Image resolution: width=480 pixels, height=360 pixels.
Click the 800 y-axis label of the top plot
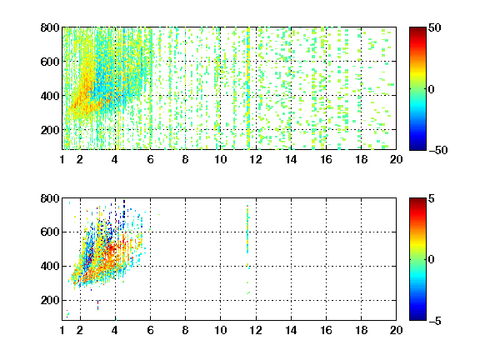50,27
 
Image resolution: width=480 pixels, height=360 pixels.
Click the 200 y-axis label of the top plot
50,130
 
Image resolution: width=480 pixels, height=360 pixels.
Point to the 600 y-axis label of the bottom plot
50,232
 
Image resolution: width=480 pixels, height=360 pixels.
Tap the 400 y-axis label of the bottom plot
50,266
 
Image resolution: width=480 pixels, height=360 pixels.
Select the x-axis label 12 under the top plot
256,159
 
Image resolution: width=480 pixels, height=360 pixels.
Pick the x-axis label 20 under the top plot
396,159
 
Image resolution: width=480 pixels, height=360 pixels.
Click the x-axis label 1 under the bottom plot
62,330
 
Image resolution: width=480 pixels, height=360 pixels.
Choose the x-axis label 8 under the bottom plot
185,330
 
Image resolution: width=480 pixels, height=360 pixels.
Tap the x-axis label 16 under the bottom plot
326,330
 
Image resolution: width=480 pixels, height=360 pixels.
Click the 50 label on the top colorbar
434,27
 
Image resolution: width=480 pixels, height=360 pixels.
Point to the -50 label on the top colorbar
438,150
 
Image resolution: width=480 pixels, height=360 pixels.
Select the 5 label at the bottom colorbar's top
432,198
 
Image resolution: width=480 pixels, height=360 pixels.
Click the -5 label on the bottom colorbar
435,321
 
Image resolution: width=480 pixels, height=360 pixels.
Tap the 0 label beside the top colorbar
432,89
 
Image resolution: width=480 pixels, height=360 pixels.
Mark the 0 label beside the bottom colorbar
432,260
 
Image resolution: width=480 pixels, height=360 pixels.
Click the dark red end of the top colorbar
417,30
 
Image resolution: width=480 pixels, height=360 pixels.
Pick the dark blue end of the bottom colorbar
417,317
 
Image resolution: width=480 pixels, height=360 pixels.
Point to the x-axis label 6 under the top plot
150,159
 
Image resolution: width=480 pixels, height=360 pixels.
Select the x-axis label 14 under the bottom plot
291,330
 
